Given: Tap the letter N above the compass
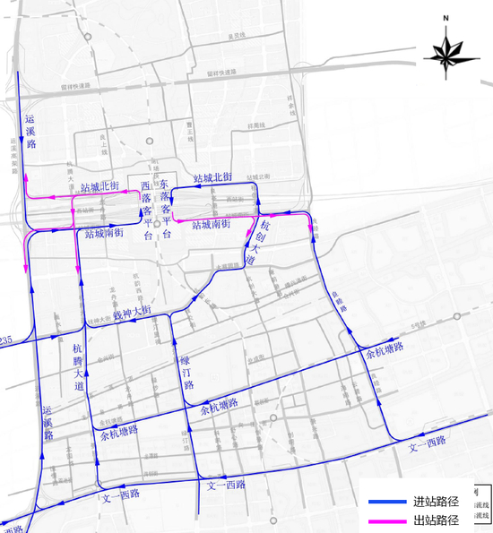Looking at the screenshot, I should pyautogui.click(x=445, y=17).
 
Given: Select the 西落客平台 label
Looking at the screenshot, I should pyautogui.click(x=147, y=204).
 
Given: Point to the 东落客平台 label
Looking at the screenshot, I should pyautogui.click(x=165, y=207).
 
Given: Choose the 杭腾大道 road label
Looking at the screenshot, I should pyautogui.click(x=79, y=365).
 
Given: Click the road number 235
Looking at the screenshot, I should pyautogui.click(x=6, y=340).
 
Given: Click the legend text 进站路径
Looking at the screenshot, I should pyautogui.click(x=435, y=501).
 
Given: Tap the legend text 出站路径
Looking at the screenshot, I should pyautogui.click(x=435, y=520).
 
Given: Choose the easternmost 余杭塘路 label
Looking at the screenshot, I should pyautogui.click(x=385, y=347).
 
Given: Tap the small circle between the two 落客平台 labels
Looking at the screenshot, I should pyautogui.click(x=156, y=222).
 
